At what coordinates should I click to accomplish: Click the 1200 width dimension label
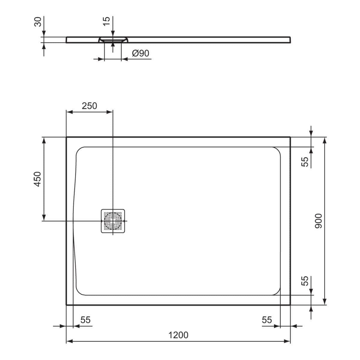pos(178,334)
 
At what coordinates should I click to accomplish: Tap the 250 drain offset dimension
pos(89,106)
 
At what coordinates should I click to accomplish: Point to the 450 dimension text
pos(37,179)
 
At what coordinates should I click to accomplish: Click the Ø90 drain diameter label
pos(140,53)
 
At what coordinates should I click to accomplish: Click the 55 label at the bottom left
pos(85,320)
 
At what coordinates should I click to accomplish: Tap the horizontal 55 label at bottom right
pos(267,320)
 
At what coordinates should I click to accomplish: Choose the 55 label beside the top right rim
pos(305,162)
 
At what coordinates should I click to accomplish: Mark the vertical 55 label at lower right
pos(305,281)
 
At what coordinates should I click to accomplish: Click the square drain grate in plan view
pos(112,221)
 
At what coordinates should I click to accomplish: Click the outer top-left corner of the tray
pos(67,137)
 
